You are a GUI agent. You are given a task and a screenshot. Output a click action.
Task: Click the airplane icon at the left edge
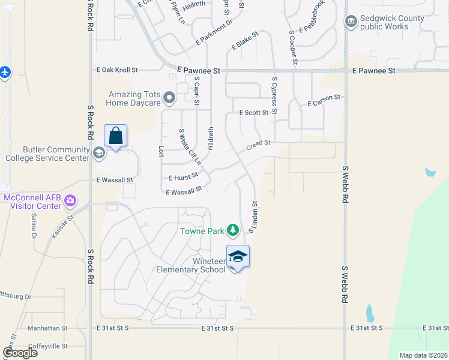(x=5, y=72)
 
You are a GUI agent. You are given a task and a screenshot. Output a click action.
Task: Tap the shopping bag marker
(x=116, y=136)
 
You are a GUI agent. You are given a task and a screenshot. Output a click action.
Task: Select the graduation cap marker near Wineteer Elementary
(x=238, y=256)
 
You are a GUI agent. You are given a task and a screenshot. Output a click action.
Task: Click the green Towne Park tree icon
(x=234, y=230)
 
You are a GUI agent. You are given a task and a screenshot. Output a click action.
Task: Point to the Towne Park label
(x=202, y=231)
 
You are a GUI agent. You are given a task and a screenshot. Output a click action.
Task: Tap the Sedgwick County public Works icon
(x=351, y=22)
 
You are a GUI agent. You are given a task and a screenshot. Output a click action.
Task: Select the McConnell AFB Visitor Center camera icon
(x=71, y=200)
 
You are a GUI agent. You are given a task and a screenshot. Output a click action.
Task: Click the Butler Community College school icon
(x=98, y=153)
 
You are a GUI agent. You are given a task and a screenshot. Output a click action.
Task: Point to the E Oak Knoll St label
(x=118, y=70)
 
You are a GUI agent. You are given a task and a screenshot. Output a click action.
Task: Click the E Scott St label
(x=253, y=112)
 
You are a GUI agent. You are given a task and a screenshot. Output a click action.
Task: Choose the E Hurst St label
(x=184, y=178)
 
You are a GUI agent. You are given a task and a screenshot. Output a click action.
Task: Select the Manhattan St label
(x=48, y=329)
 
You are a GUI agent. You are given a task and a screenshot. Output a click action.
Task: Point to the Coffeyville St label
(x=48, y=345)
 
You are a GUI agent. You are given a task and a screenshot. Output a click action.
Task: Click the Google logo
(x=20, y=353)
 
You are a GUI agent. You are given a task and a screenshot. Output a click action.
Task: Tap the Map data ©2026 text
(x=423, y=355)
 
